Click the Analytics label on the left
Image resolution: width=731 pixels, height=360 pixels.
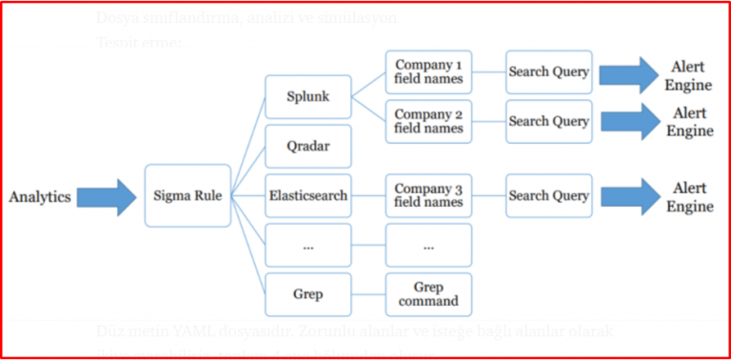[40, 196]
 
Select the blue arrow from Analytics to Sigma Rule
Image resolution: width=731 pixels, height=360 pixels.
[106, 196]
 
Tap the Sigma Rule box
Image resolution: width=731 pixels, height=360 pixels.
[188, 195]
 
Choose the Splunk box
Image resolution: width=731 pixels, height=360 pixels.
[307, 97]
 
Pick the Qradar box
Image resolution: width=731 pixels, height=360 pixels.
[307, 147]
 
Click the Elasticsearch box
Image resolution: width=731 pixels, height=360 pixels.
[307, 195]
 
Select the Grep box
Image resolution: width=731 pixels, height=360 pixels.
[307, 294]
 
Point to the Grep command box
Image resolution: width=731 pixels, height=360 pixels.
[428, 294]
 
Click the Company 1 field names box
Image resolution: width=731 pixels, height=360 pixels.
[428, 72]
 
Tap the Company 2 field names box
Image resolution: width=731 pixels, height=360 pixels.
[428, 122]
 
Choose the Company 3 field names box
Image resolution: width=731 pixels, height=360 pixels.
[428, 195]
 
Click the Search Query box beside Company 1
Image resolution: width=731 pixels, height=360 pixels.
[549, 72]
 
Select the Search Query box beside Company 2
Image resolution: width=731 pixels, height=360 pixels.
[549, 122]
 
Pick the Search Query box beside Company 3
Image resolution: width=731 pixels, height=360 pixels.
[549, 195]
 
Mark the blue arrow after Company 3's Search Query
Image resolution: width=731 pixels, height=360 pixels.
[627, 196]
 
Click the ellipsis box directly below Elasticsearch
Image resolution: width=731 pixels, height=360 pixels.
[307, 245]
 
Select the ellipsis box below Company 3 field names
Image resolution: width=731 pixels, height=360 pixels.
[428, 245]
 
